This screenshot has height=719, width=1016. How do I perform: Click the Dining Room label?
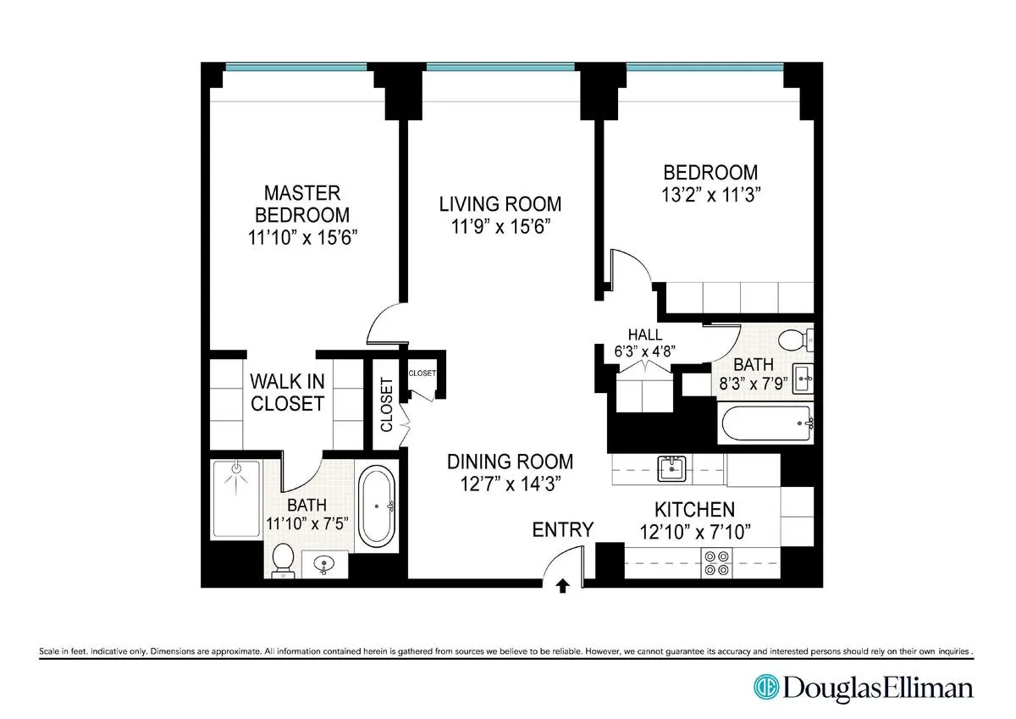tap(510, 462)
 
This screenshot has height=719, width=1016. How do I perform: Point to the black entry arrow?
tap(563, 586)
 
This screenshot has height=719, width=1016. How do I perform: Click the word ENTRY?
tap(562, 530)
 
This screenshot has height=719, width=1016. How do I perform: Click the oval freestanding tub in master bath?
tap(377, 506)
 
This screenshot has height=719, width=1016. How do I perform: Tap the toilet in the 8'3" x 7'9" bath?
tap(794, 340)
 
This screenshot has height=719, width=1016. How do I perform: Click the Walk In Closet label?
tap(287, 392)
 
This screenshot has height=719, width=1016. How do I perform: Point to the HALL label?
tap(645, 335)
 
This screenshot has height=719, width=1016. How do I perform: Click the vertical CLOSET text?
tap(387, 405)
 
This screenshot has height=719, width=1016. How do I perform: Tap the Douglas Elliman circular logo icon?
tap(766, 687)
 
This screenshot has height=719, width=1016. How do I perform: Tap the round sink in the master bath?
tap(325, 563)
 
